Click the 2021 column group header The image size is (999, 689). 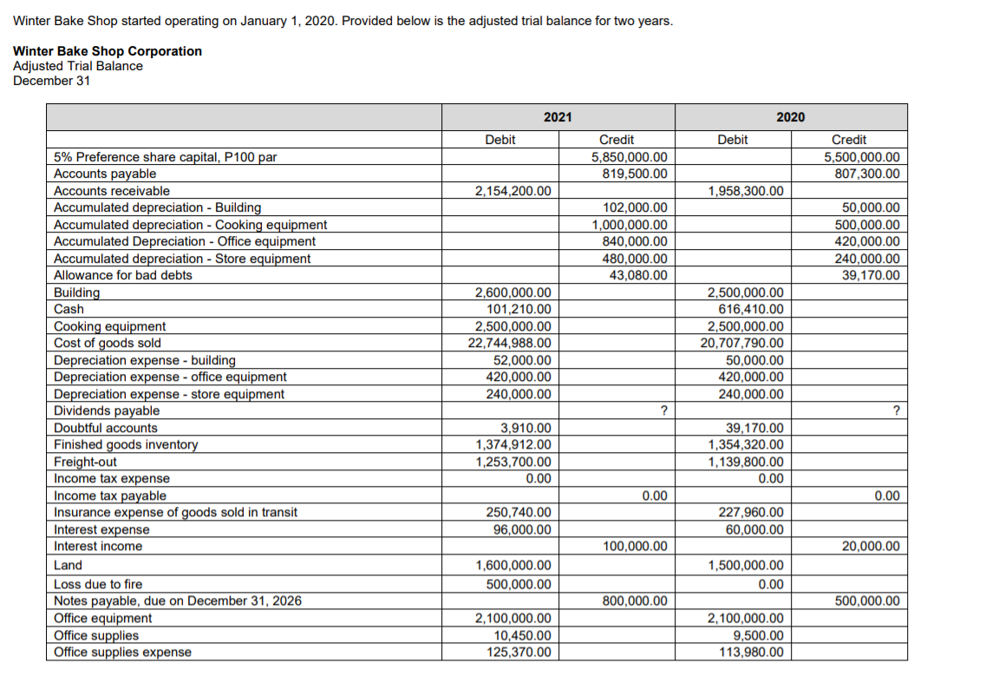558,117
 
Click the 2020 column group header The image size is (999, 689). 790,117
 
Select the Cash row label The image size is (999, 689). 69,309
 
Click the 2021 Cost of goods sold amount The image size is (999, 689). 509,343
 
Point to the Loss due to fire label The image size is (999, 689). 98,584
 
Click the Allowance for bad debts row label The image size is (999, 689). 123,275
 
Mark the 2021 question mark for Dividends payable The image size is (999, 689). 663,410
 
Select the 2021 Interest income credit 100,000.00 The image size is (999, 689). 634,547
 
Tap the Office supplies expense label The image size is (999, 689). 122,653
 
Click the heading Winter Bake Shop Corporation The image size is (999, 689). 108,51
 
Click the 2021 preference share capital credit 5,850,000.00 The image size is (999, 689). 629,157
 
